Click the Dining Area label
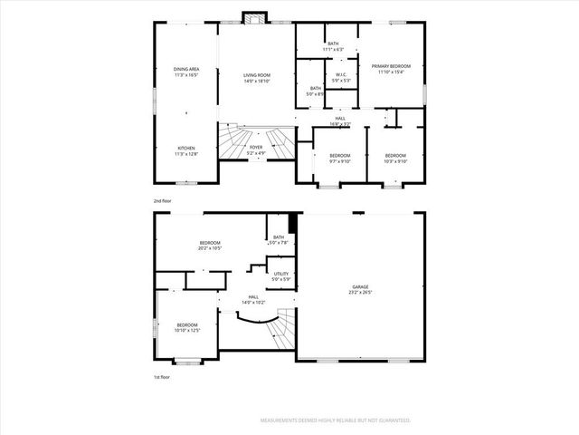[186, 72]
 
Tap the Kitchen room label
[186, 150]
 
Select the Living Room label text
[257, 77]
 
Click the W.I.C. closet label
[341, 77]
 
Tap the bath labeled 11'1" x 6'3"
[333, 46]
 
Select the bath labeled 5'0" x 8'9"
[315, 91]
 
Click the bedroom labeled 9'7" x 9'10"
[339, 159]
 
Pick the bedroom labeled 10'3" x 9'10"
[394, 159]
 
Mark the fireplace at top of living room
[255, 16]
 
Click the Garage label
[361, 289]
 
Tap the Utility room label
[280, 275]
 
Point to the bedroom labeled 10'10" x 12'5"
[187, 327]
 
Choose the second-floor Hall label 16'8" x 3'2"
[340, 120]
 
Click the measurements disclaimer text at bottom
[336, 420]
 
